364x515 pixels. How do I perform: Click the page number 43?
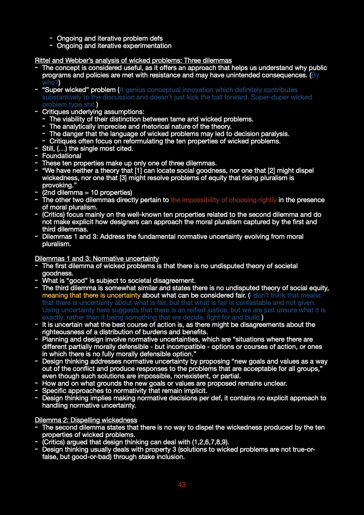click(x=182, y=485)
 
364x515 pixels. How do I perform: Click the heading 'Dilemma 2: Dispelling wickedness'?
click(x=86, y=420)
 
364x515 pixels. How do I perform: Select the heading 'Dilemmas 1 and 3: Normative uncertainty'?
click(x=97, y=258)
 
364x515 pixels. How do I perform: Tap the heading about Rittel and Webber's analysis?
click(x=133, y=60)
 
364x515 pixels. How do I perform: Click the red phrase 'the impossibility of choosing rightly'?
click(x=224, y=200)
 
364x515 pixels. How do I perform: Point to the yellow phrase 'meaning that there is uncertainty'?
click(x=91, y=295)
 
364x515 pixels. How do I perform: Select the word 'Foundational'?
click(x=61, y=156)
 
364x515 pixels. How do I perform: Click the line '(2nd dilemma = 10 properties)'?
click(x=87, y=192)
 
